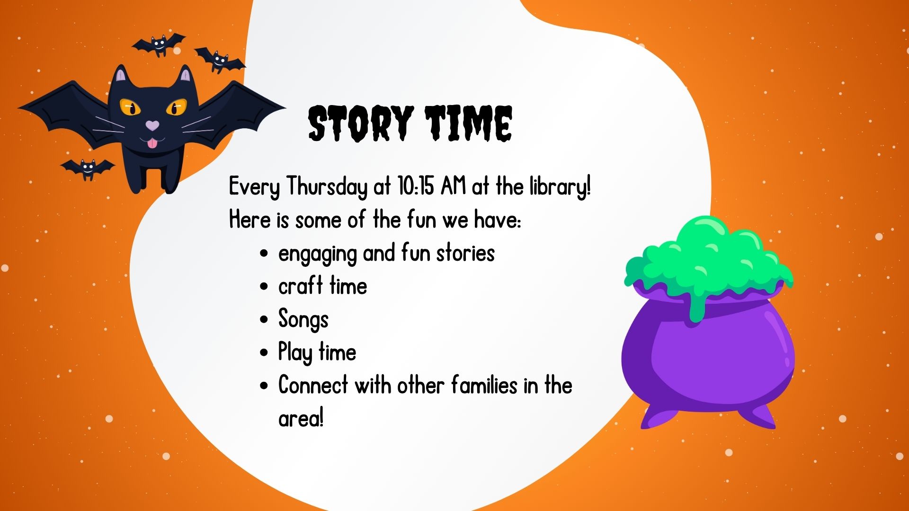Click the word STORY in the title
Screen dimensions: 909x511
(x=361, y=123)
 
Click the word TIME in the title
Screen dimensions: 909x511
(x=468, y=123)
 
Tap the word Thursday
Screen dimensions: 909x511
(x=327, y=186)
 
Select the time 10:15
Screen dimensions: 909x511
(x=416, y=186)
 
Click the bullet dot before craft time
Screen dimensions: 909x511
(x=264, y=286)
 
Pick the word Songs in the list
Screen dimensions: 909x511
(x=303, y=320)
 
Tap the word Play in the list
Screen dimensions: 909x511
(x=295, y=352)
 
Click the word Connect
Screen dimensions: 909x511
(x=313, y=385)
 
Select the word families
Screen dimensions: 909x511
(x=484, y=385)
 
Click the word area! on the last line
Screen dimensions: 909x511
(x=301, y=418)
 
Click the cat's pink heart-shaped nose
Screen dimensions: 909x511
(x=152, y=125)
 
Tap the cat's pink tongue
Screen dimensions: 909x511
(x=151, y=143)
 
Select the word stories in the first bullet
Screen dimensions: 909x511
(x=465, y=253)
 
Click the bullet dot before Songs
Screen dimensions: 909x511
(x=264, y=319)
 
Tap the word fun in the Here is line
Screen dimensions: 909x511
(x=421, y=220)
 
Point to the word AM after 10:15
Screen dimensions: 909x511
(x=453, y=186)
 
